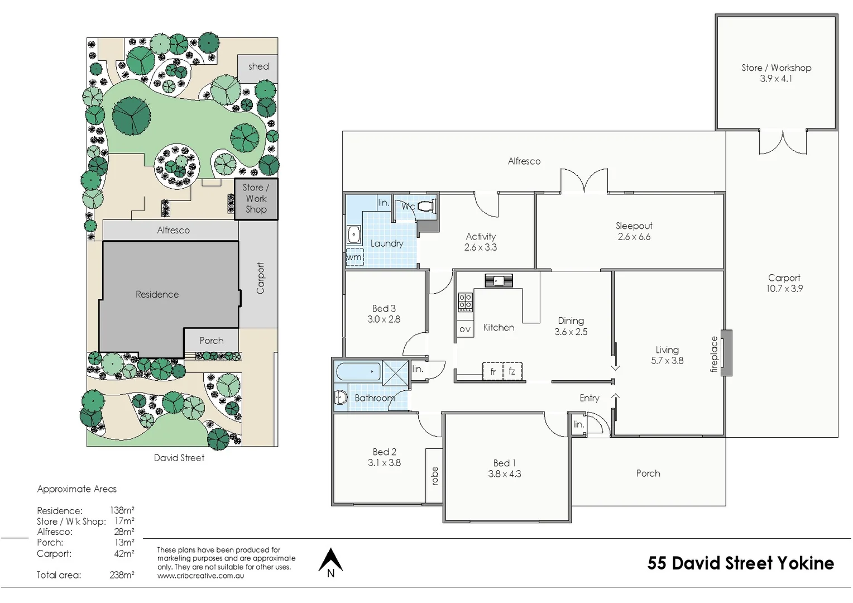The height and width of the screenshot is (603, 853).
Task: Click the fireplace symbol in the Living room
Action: (x=726, y=353)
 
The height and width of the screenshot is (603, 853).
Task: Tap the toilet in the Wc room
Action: (x=426, y=206)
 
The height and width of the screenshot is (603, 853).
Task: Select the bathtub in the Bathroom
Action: (x=358, y=371)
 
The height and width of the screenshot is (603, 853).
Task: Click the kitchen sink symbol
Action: (x=499, y=280)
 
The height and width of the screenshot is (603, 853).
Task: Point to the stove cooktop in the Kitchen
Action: (x=465, y=301)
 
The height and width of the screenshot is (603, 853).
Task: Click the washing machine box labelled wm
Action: (x=354, y=257)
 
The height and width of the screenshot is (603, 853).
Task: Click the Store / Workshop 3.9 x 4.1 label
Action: (x=776, y=73)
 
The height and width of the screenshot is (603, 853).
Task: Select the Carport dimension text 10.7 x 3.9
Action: (x=784, y=289)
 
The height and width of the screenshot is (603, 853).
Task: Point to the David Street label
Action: (x=179, y=458)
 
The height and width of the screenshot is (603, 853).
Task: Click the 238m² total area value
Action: (x=122, y=575)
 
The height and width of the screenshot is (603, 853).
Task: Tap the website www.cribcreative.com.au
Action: (x=200, y=576)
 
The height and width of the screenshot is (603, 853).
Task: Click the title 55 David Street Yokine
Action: (x=740, y=563)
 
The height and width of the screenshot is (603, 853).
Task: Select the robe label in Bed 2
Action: (x=434, y=476)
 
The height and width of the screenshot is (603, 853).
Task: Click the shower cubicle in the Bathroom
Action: (x=396, y=373)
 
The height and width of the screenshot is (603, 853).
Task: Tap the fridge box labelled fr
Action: (x=492, y=371)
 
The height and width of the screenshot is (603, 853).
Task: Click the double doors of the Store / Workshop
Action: (x=783, y=142)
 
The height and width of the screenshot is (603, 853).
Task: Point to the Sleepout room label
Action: (x=634, y=231)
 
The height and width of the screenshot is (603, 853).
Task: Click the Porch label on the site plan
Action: (x=212, y=341)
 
